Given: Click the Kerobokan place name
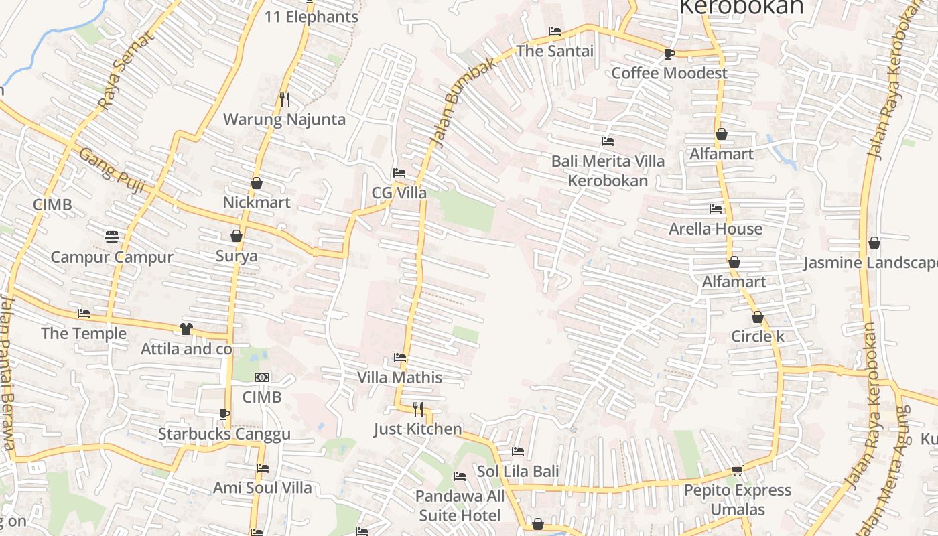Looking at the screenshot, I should tap(741, 7).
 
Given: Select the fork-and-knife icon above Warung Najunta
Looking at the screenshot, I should tap(285, 100).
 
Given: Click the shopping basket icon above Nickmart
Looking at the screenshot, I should tap(256, 182).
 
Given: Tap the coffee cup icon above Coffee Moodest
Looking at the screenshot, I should tap(669, 54).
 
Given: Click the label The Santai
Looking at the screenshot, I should tap(555, 51).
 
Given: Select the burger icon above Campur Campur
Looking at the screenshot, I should tap(112, 237).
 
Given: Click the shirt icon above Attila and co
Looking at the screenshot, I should tap(186, 328).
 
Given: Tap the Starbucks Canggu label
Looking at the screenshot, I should tap(224, 434).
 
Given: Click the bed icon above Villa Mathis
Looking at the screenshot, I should tap(400, 358).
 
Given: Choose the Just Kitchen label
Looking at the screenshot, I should tap(418, 429).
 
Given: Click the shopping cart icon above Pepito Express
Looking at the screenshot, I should tap(737, 470).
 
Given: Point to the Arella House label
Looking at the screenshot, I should tap(716, 229).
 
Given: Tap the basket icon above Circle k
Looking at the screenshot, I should tap(757, 317).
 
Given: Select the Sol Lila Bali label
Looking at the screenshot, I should tap(518, 472).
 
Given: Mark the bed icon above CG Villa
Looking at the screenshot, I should tap(399, 173).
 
